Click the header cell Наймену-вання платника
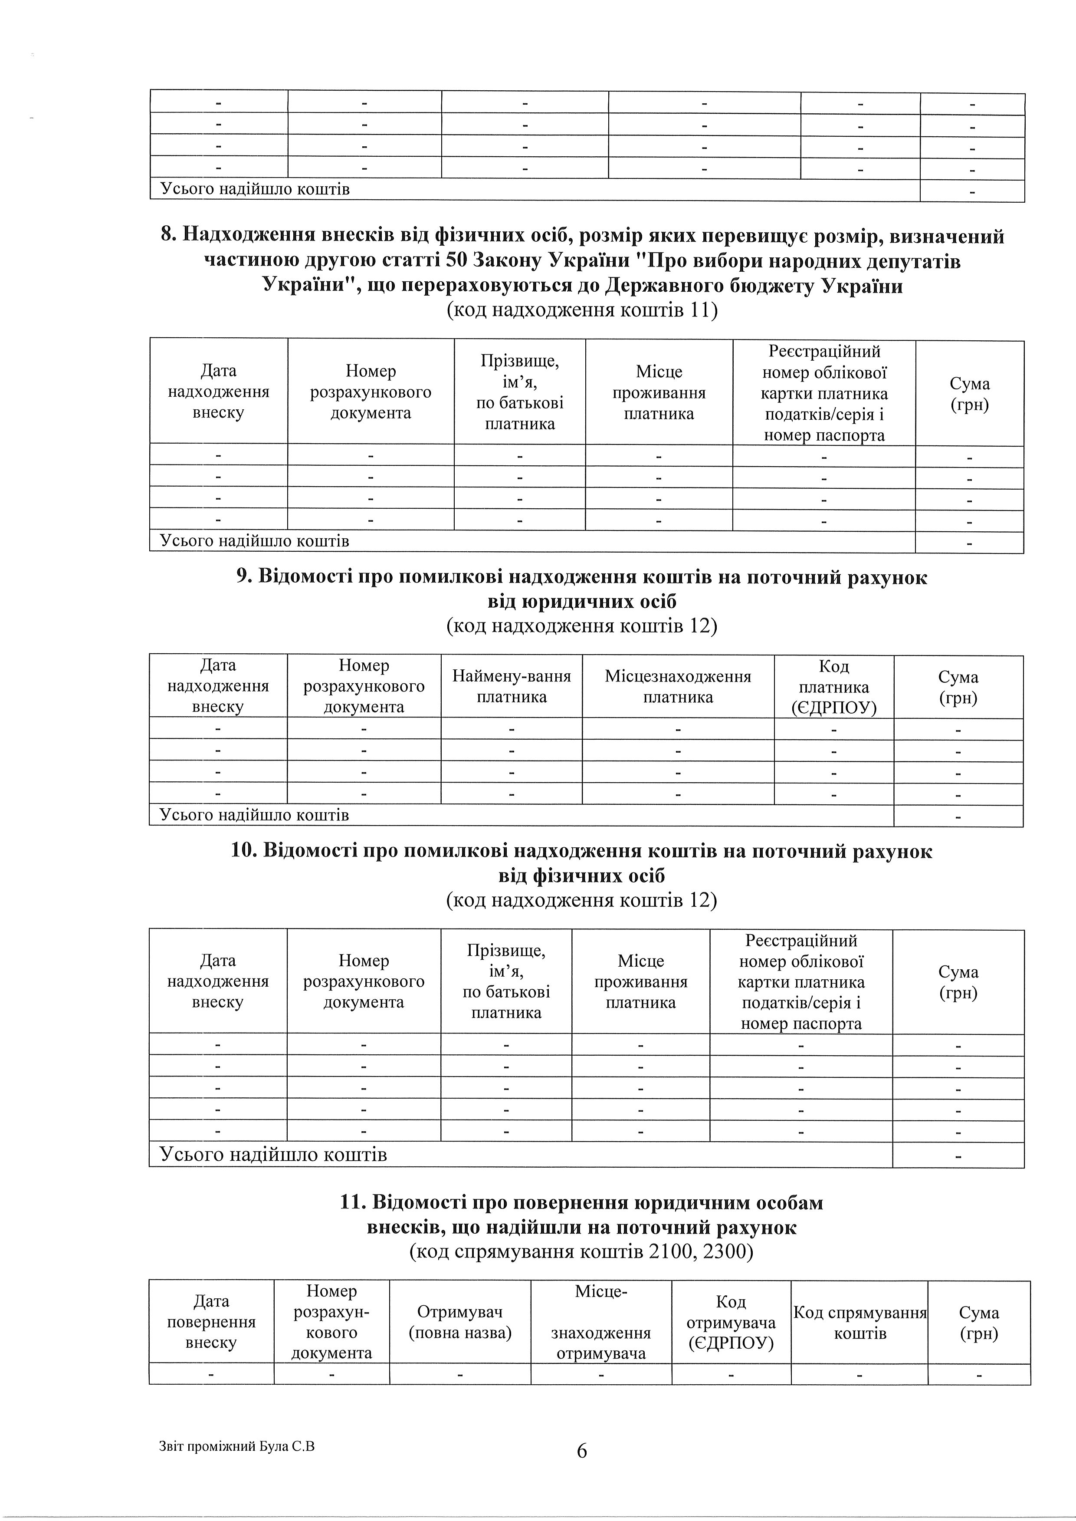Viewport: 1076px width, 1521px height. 512,687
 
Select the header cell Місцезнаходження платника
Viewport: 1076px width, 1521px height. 678,687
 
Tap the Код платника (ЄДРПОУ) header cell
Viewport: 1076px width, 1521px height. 833,687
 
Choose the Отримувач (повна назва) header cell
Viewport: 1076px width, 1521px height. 460,1322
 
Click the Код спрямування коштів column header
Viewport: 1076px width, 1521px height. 859,1323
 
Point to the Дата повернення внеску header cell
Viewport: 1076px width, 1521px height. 211,1322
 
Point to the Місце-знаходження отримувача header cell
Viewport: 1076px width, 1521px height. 601,1322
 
